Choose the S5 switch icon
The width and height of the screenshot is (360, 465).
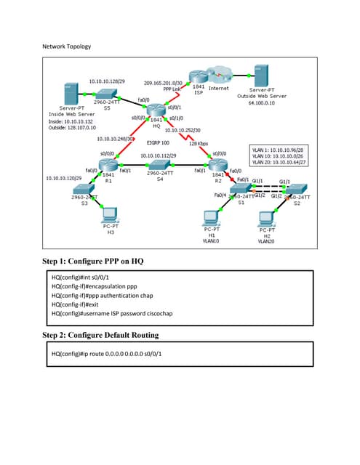click(x=108, y=94)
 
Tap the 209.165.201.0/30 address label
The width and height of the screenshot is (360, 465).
click(x=167, y=83)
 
